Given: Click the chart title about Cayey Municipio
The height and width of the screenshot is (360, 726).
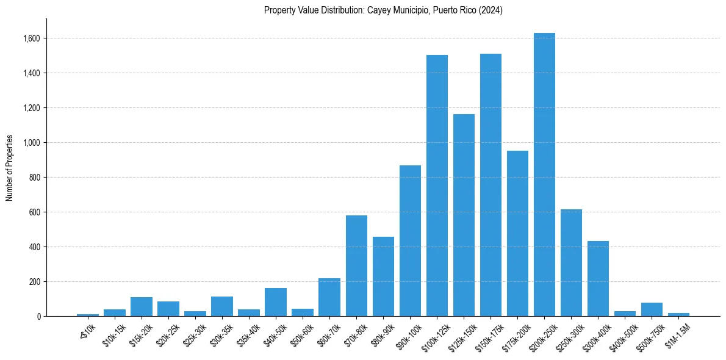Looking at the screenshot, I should tap(383, 10).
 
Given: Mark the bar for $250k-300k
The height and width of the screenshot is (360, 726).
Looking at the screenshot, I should tap(571, 262).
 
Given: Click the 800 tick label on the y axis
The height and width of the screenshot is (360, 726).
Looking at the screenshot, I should tap(34, 178).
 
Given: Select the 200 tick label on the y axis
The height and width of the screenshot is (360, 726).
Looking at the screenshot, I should tap(34, 282).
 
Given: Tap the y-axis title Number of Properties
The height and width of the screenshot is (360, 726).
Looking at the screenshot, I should tap(10, 168).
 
